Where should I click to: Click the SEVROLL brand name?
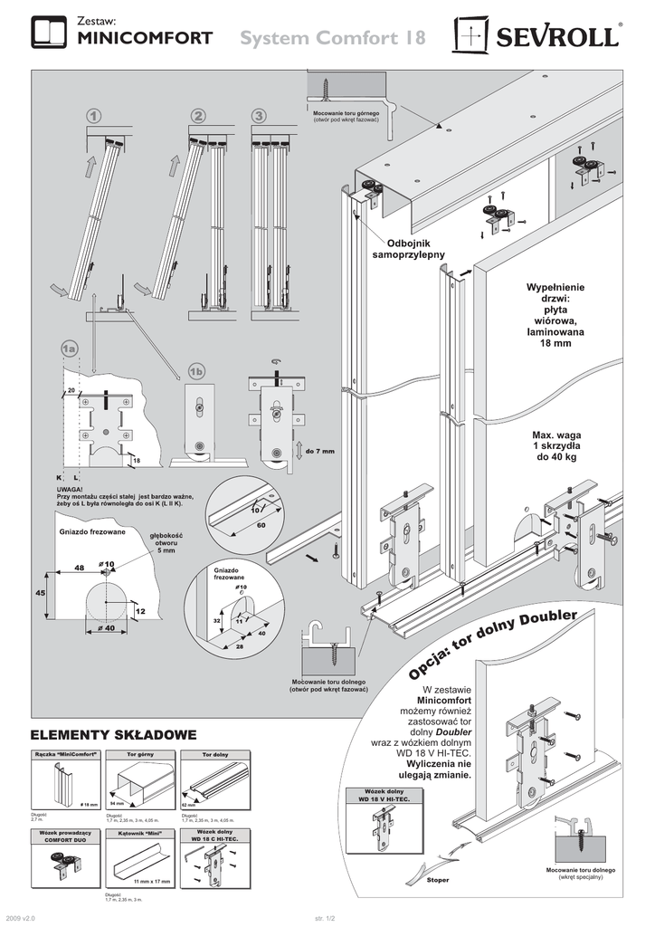(x=555, y=38)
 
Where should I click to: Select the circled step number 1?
(x=94, y=116)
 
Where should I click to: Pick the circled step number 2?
(x=198, y=116)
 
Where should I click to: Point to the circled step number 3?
(x=260, y=116)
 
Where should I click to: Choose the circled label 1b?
(x=198, y=371)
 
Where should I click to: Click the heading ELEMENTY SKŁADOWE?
(x=113, y=732)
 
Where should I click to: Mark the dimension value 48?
(x=79, y=567)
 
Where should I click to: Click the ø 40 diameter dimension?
(x=105, y=627)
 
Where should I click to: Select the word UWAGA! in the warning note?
(x=70, y=489)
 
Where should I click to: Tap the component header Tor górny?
(x=139, y=753)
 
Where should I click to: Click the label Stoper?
(x=437, y=880)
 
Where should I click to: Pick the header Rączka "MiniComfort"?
(x=64, y=753)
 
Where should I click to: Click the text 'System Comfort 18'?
(x=333, y=38)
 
